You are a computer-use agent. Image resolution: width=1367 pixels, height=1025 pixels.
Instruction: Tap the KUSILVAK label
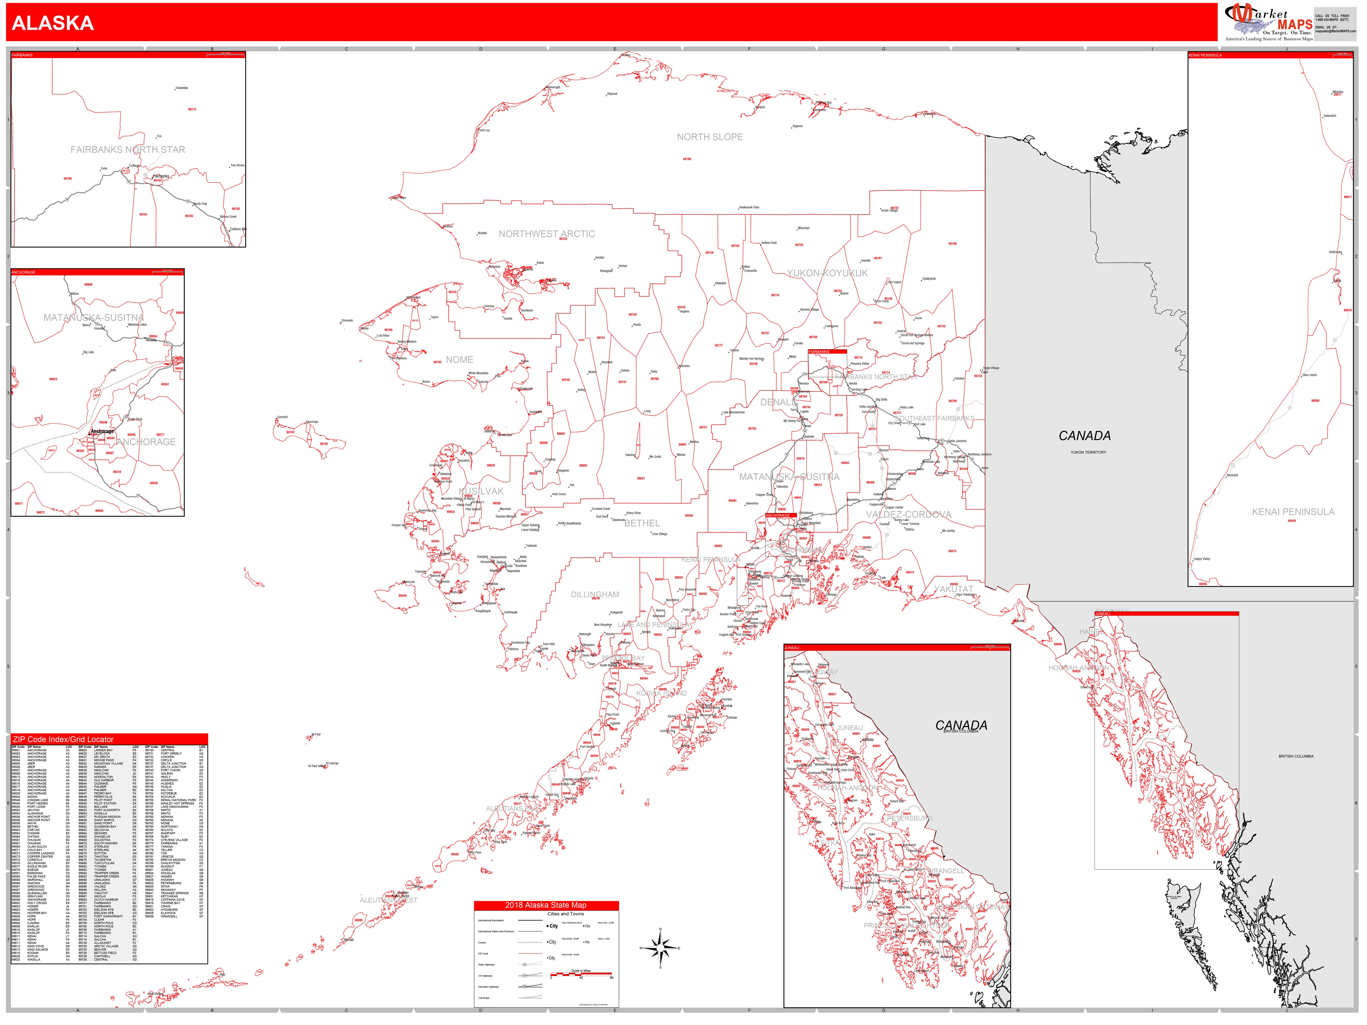481,491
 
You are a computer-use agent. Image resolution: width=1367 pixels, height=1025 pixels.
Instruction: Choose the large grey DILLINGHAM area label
594,594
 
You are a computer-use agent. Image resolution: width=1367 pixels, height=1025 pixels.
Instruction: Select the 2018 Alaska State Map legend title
546,905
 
